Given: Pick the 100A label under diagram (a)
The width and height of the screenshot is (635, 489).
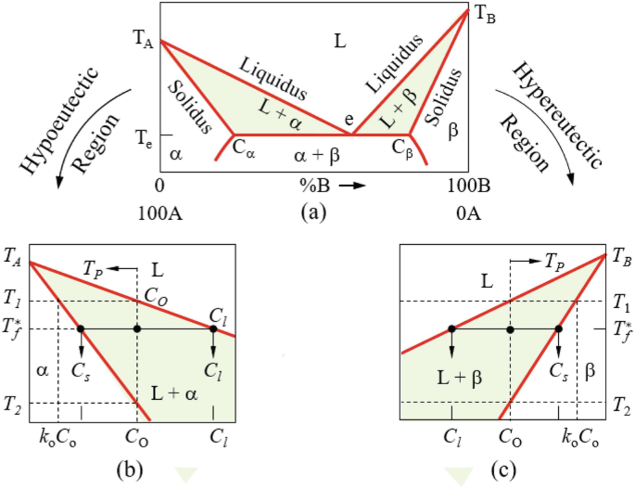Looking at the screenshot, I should click(x=159, y=213).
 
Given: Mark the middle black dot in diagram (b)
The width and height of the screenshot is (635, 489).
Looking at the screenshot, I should click(x=137, y=328).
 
